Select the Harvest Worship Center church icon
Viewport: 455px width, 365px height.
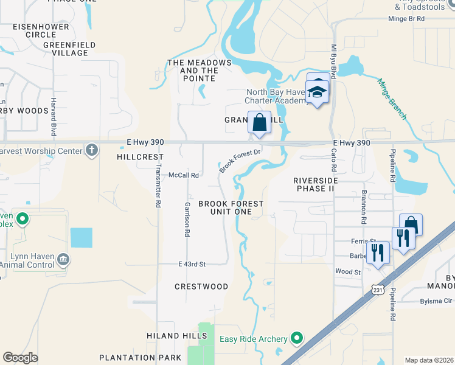pyautogui.click(x=92, y=150)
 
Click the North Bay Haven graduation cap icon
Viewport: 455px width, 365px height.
pyautogui.click(x=318, y=92)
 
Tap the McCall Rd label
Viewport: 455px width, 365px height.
pyautogui.click(x=184, y=175)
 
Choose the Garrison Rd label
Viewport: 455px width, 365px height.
pyautogui.click(x=187, y=218)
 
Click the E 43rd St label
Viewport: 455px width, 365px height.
pyautogui.click(x=192, y=264)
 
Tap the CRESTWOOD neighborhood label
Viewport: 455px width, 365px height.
pyautogui.click(x=201, y=287)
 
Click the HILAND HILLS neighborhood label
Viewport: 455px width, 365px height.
pyautogui.click(x=172, y=336)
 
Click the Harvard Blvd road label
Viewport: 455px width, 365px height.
pyautogui.click(x=54, y=116)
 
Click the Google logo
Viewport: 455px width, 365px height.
pyautogui.click(x=21, y=358)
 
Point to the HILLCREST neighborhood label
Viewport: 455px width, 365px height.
pyautogui.click(x=136, y=157)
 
